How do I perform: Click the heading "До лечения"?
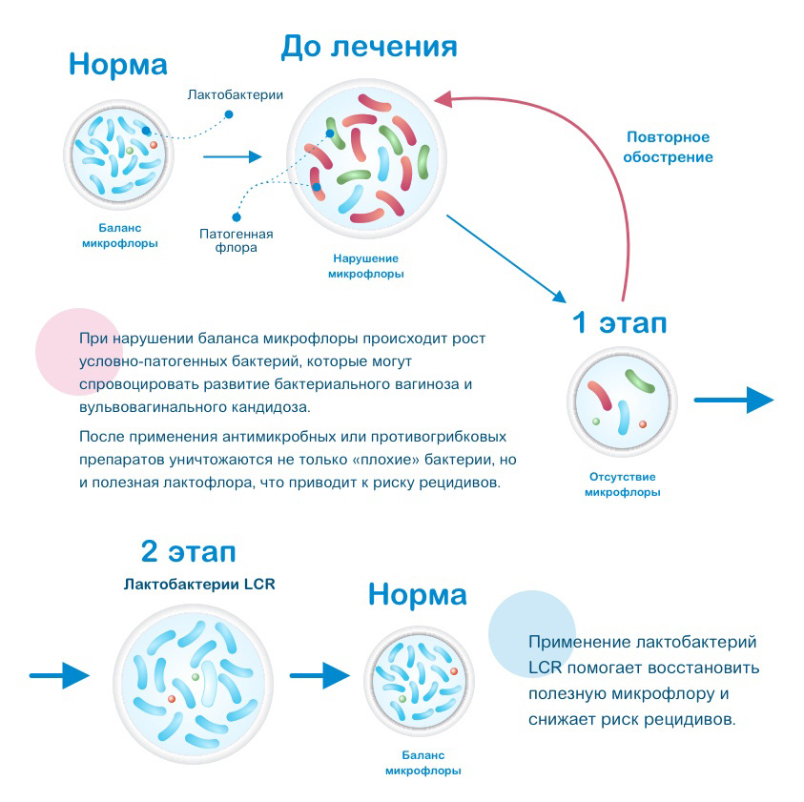(x=368, y=47)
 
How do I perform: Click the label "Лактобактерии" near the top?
(x=236, y=95)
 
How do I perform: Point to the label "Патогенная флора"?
(x=236, y=241)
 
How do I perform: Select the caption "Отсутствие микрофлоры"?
(x=622, y=484)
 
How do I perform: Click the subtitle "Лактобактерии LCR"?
(x=199, y=584)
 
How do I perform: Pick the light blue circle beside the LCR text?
(x=531, y=633)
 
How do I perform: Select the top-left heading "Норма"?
(x=118, y=65)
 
